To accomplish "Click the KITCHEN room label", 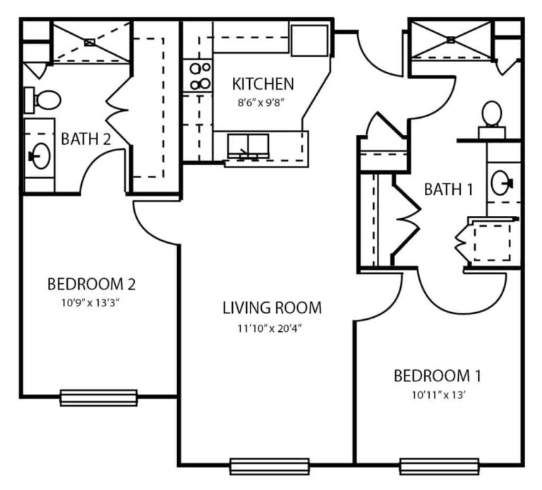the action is [x=263, y=84].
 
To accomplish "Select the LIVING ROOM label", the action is [x=272, y=308].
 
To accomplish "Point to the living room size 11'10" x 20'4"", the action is [x=270, y=328].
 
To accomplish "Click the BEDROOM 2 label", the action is [x=91, y=285].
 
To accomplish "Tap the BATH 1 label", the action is [x=448, y=189].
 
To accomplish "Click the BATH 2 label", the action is [x=85, y=139].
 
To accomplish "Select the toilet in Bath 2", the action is [x=42, y=100].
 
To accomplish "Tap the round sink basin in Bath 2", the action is [x=40, y=156].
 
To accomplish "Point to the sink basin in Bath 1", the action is [x=501, y=183].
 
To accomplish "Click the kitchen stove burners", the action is [x=200, y=76].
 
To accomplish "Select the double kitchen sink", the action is [x=248, y=145].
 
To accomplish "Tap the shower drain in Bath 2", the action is [x=89, y=42].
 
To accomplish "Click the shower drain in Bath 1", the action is [x=451, y=40].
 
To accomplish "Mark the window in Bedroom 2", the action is [x=99, y=398].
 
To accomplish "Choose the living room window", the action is [x=270, y=467].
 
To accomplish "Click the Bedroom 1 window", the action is [x=440, y=467].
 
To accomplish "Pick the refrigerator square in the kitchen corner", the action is [x=309, y=40].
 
